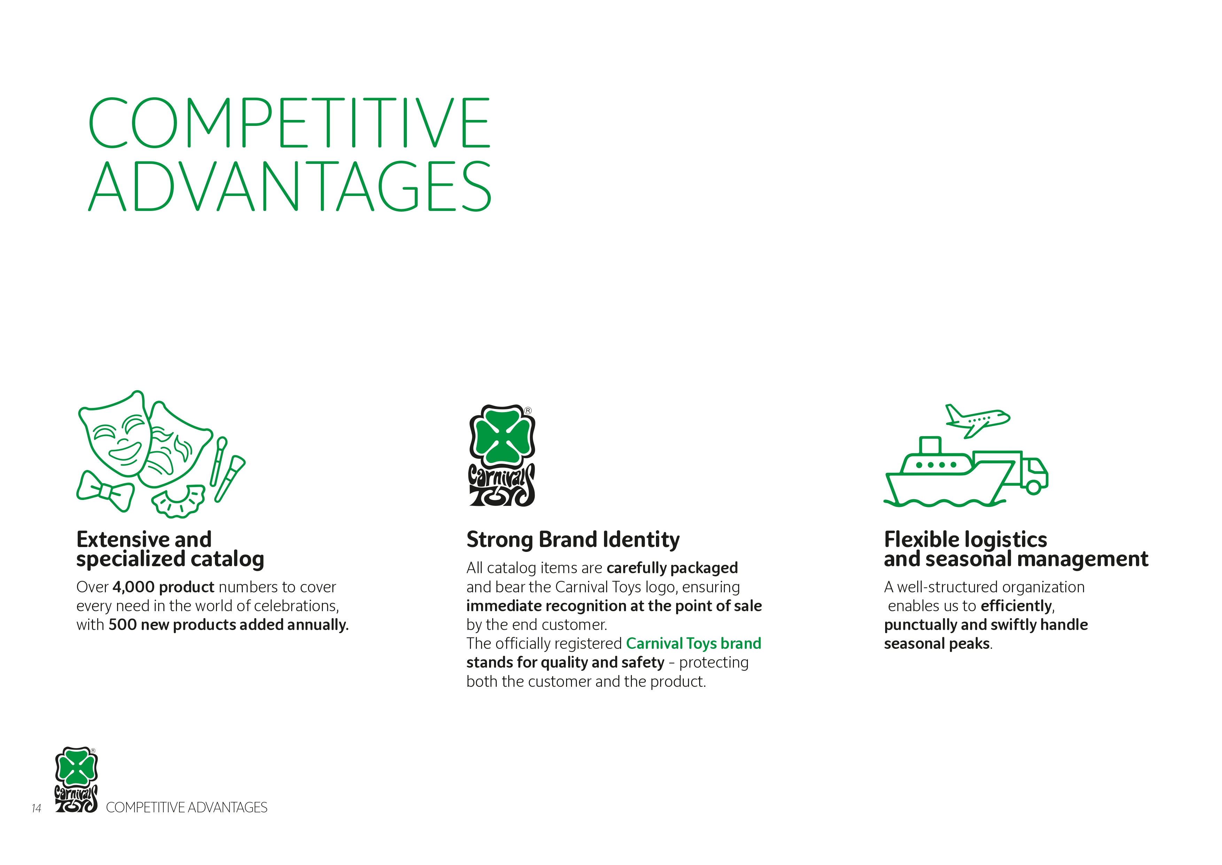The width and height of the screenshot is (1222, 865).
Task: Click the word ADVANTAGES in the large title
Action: click(x=290, y=187)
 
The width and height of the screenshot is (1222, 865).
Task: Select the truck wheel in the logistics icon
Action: click(x=1034, y=487)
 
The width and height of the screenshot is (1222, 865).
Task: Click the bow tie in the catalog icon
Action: click(x=106, y=491)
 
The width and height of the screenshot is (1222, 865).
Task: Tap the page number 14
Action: click(x=36, y=808)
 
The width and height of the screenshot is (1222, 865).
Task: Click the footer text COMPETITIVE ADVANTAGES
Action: click(x=187, y=807)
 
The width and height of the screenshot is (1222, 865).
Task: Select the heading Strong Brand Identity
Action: click(x=573, y=540)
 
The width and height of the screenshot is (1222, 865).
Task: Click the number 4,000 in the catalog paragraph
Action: click(x=133, y=587)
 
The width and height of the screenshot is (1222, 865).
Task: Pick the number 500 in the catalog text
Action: click(x=122, y=625)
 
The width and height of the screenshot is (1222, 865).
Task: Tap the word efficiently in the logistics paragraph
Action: click(x=1016, y=606)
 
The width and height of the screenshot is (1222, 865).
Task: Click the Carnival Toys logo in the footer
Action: click(x=76, y=780)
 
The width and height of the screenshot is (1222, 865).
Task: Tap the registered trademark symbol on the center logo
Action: click(x=528, y=411)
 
